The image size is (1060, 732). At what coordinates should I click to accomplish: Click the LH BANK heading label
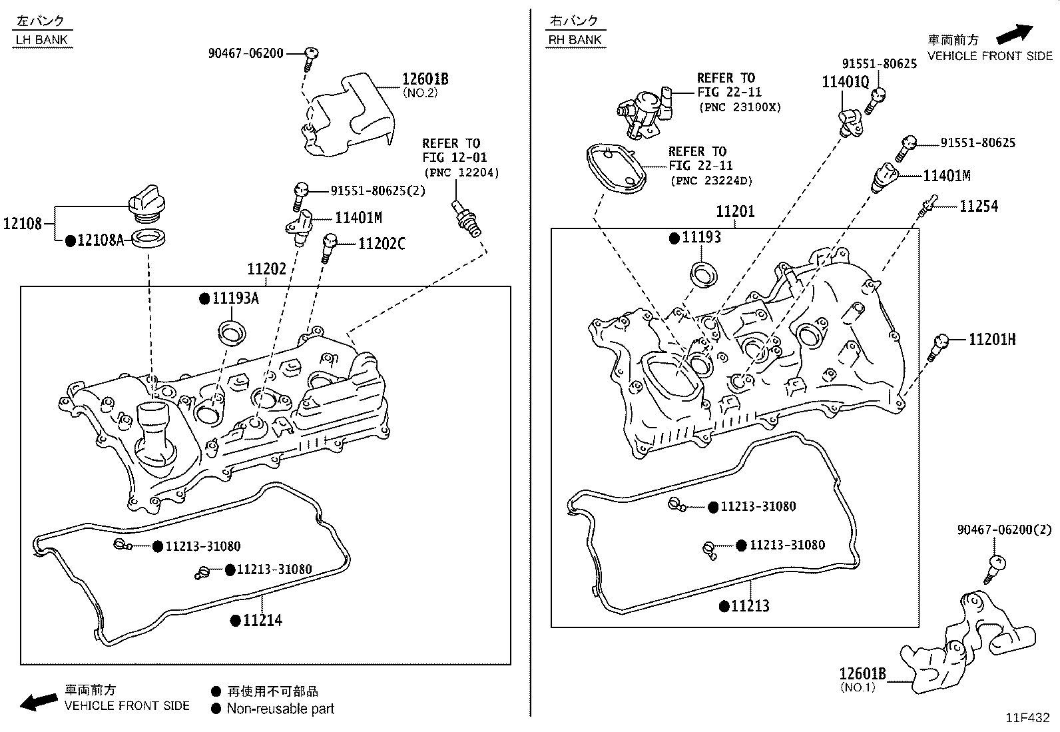coord(41,40)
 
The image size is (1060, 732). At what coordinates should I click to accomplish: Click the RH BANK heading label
coord(575,40)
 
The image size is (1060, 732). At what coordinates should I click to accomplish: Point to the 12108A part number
coord(99,240)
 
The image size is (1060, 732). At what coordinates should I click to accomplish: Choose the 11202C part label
coord(381,244)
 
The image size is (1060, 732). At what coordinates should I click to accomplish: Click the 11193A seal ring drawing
coord(232,331)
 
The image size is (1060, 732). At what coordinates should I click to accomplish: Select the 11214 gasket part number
coord(262,621)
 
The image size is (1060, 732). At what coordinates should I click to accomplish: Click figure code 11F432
coord(1027,718)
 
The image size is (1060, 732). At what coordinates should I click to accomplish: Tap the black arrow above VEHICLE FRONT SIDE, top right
coord(1014,33)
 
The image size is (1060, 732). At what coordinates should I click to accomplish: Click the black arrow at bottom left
coord(39,701)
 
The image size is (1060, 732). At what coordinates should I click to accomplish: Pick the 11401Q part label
coord(845,82)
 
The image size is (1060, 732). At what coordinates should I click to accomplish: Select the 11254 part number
coord(978,206)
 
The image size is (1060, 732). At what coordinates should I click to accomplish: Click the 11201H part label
coord(991,340)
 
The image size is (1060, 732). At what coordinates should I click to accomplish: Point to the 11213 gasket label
coord(750,606)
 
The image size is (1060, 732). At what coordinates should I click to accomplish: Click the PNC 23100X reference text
coord(739,107)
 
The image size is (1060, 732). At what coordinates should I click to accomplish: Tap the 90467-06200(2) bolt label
coord(1004,530)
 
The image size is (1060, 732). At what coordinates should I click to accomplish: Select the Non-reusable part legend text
coord(280,709)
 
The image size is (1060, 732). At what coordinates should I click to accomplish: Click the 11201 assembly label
coord(735,212)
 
